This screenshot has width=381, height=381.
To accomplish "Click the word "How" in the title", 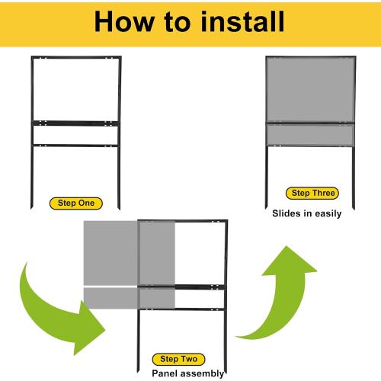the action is click(124, 21).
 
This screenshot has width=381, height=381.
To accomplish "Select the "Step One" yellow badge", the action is click(76, 203).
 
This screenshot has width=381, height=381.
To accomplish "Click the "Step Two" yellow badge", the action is click(178, 359).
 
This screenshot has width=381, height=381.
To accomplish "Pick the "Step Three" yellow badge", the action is click(312, 193).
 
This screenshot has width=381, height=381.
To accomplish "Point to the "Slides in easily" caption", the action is click(307, 213).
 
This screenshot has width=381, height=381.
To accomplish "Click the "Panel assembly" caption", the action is click(188, 373).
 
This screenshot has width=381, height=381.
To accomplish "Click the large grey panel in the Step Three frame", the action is click(310, 90).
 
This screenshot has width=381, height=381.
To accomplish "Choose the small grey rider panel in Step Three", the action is click(310, 135).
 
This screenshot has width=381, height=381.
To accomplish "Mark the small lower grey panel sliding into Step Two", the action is click(130, 298).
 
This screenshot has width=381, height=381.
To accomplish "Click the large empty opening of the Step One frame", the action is click(76, 90).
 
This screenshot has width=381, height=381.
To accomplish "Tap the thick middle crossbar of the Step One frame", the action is click(75, 123).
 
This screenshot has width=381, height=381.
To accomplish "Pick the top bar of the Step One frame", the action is click(76, 57).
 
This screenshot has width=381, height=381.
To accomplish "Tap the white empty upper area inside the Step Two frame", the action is click(200, 254).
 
